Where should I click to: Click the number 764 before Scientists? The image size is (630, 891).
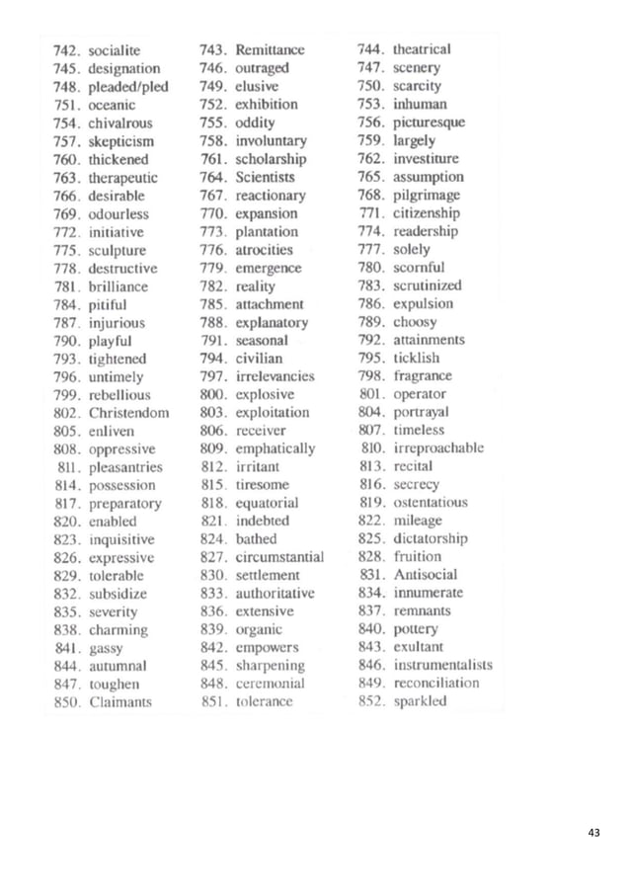[x=212, y=177]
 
